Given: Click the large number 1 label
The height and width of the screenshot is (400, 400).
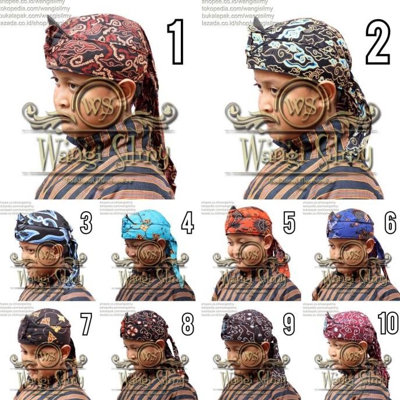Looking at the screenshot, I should click(x=175, y=42).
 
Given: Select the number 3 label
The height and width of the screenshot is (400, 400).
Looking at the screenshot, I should click(x=86, y=223).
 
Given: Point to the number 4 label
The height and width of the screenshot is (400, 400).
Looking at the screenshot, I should click(x=187, y=223).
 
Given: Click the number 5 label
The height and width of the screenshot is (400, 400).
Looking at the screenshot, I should click(x=289, y=223).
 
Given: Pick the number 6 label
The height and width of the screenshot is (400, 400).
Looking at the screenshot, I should click(x=390, y=223).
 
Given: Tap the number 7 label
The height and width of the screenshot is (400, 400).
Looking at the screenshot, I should click(x=86, y=324).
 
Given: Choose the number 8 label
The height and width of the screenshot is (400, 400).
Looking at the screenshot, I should click(x=187, y=324).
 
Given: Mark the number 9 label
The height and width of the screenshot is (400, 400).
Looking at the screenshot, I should click(x=289, y=324).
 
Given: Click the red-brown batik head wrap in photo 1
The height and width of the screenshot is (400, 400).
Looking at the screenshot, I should click(x=99, y=47).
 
